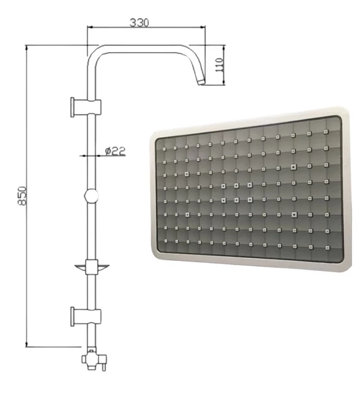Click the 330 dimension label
(139, 22)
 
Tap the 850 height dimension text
(22, 196)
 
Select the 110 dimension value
(220, 65)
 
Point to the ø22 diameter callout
(115, 151)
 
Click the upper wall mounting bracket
(86, 107)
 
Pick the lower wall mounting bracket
(86, 317)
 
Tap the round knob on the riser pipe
(91, 196)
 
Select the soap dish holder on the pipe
(92, 267)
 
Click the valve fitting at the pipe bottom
(94, 358)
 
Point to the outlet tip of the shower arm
(201, 82)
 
